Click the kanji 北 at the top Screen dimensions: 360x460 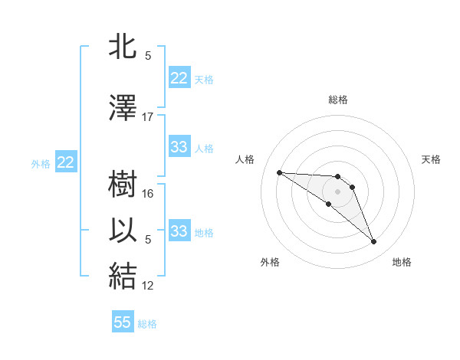pyautogui.click(x=123, y=48)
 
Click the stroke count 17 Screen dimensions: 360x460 pyautogui.click(x=148, y=117)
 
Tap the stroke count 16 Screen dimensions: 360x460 pyautogui.click(x=149, y=194)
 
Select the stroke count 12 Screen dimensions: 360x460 pyautogui.click(x=149, y=286)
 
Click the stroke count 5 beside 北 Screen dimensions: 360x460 pyautogui.click(x=148, y=56)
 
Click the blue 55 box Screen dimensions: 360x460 pyautogui.click(x=123, y=322)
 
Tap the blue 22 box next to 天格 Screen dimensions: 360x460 pyautogui.click(x=179, y=78)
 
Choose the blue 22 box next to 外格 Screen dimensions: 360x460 pyautogui.click(x=66, y=162)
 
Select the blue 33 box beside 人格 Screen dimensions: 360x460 pyautogui.click(x=179, y=147)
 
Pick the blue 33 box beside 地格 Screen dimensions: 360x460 pyautogui.click(x=179, y=231)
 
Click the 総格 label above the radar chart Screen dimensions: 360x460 pyautogui.click(x=338, y=100)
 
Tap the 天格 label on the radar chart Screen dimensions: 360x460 pyautogui.click(x=432, y=159)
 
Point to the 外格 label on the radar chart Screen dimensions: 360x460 pyautogui.click(x=270, y=262)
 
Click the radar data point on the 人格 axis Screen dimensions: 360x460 pyautogui.click(x=279, y=172)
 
